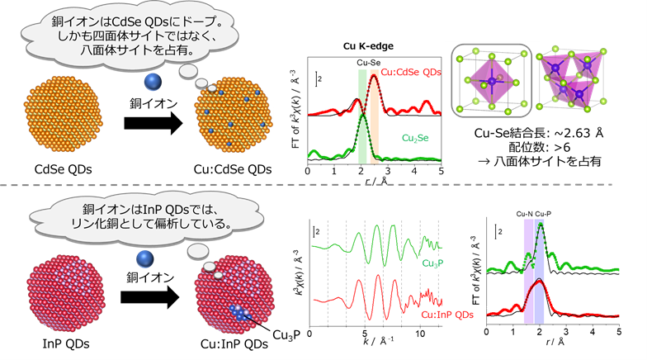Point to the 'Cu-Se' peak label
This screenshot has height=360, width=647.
point(369,62)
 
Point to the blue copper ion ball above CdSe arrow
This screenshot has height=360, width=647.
point(152,82)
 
